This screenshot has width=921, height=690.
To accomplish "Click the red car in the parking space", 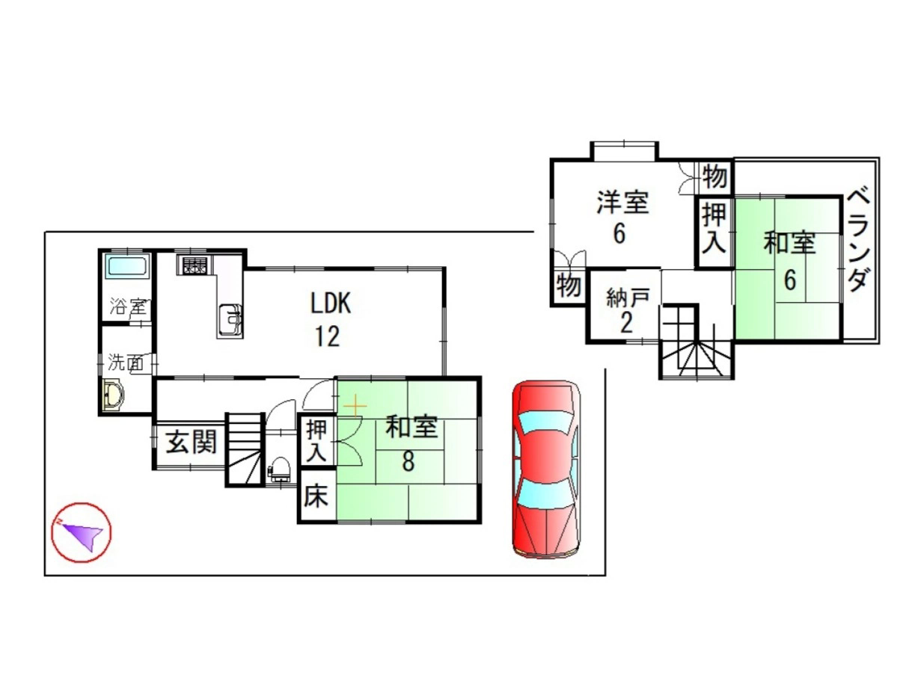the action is click(547, 469).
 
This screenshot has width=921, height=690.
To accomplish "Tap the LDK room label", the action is click(330, 303).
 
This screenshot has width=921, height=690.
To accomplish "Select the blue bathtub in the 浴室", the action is click(127, 266).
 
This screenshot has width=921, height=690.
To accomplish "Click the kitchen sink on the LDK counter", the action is click(230, 320).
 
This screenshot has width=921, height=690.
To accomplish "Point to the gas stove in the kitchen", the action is click(195, 265).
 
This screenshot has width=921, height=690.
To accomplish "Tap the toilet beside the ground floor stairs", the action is click(280, 468).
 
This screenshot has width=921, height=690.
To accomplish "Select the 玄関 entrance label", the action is click(192, 442).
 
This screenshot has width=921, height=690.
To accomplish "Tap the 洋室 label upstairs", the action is click(622, 202).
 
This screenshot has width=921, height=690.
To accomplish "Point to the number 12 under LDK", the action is click(328, 336).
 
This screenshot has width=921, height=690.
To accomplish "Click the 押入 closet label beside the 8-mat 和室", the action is click(316, 442).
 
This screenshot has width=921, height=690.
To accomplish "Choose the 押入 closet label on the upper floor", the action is click(715, 229).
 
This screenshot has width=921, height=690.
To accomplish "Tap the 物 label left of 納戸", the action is click(569, 286).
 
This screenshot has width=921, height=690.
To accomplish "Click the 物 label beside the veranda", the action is click(715, 176).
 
